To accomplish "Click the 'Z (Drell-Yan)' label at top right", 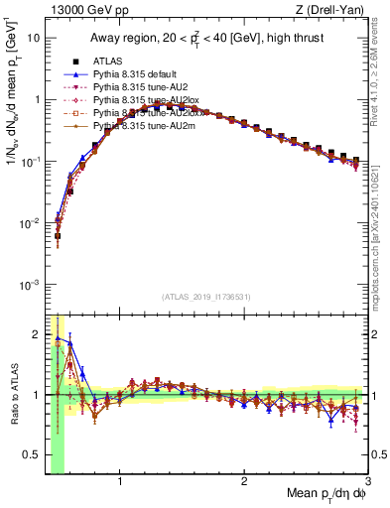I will point(335,9).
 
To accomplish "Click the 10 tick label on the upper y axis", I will point(34,38).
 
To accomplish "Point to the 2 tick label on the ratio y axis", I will point(38,332).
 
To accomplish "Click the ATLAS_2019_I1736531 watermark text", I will point(206,297).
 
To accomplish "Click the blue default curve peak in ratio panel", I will point(58,338).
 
